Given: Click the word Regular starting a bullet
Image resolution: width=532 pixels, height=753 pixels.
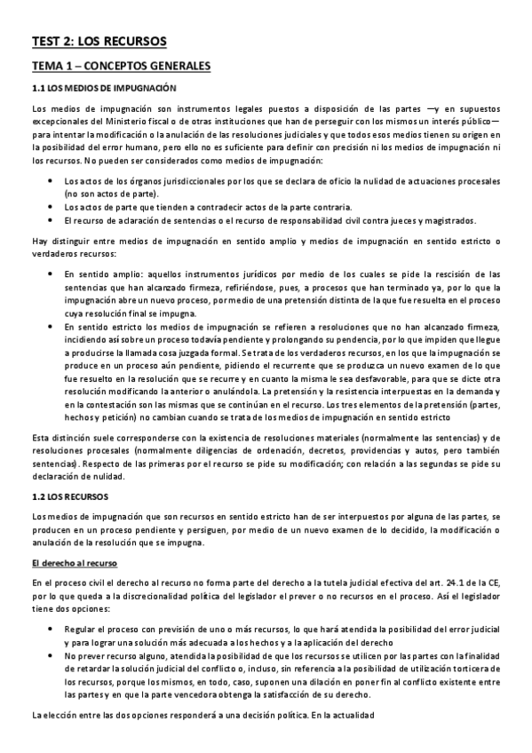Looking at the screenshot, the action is pos(81,628).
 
